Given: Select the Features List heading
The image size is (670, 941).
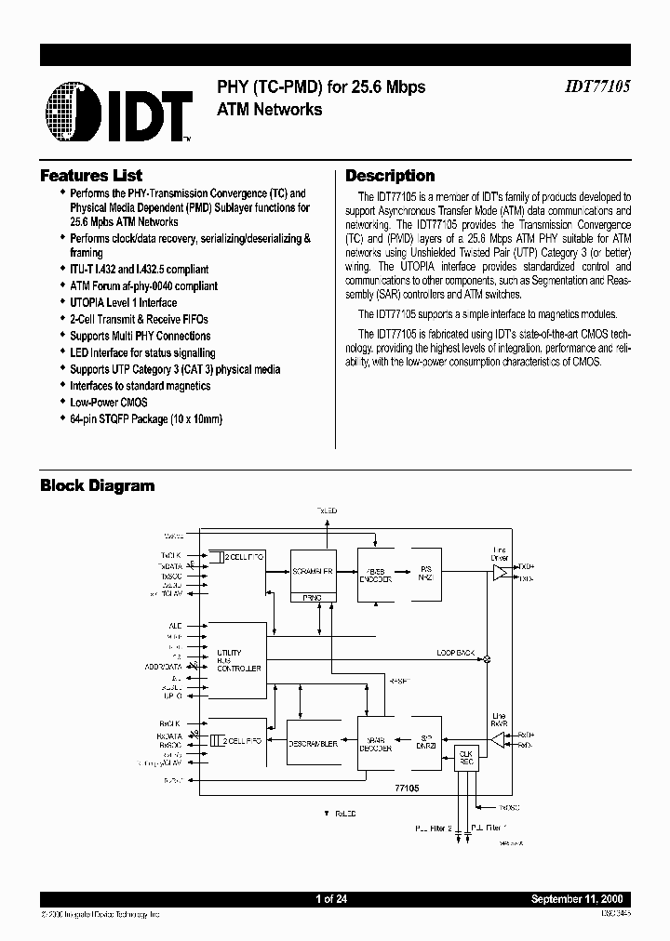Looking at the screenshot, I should tap(91, 176).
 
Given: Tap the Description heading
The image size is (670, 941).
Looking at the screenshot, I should tap(390, 176).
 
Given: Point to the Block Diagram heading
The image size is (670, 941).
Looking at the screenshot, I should tap(97, 485).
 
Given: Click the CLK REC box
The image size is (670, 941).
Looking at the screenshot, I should tap(464, 757).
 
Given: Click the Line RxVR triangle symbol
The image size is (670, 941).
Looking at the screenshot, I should tap(497, 739).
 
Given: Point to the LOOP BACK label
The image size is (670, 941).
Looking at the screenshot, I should tap(456, 653).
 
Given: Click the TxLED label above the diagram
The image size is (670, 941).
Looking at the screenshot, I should tap(326, 511).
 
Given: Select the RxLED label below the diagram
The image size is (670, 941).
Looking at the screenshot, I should tap(342, 814).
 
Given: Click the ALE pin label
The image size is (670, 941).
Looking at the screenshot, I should tap(175, 626).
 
